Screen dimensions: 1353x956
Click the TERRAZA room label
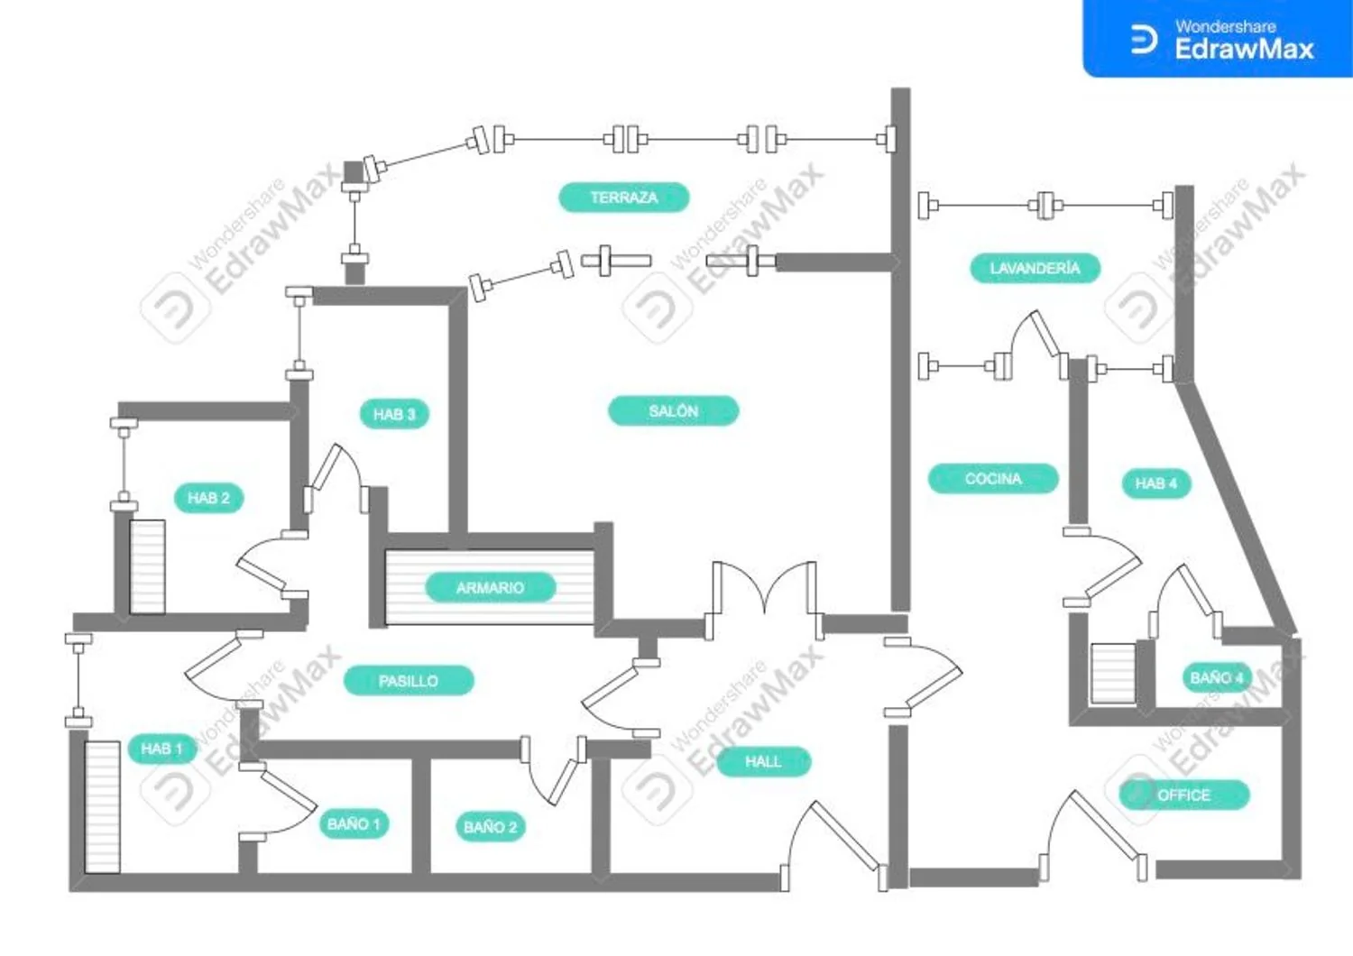pyautogui.click(x=624, y=198)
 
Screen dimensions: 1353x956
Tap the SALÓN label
pyautogui.click(x=674, y=411)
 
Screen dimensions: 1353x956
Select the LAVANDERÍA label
pyautogui.click(x=1035, y=268)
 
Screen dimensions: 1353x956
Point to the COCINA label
pyautogui.click(x=993, y=479)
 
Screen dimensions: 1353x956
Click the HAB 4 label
pyautogui.click(x=1156, y=483)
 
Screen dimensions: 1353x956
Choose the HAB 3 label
pyautogui.click(x=394, y=414)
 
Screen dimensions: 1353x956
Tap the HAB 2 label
pyautogui.click(x=208, y=498)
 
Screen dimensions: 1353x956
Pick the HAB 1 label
pyautogui.click(x=161, y=749)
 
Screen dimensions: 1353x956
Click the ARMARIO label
pyautogui.click(x=491, y=588)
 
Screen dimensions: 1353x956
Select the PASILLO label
pyautogui.click(x=409, y=681)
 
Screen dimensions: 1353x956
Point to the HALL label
pyautogui.click(x=763, y=761)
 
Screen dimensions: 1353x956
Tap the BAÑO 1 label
pyautogui.click(x=354, y=824)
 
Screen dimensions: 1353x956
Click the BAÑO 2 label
pyautogui.click(x=491, y=827)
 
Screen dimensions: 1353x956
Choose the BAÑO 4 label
pyautogui.click(x=1217, y=678)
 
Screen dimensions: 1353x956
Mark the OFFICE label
pyautogui.click(x=1183, y=795)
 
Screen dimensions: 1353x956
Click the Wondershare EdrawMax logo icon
pyautogui.click(x=1144, y=40)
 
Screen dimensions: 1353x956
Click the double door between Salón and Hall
pyautogui.click(x=764, y=598)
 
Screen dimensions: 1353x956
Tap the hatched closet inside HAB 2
pyautogui.click(x=147, y=567)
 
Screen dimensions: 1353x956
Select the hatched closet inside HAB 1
pyautogui.click(x=102, y=807)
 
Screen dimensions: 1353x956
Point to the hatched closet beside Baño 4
pyautogui.click(x=1112, y=674)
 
